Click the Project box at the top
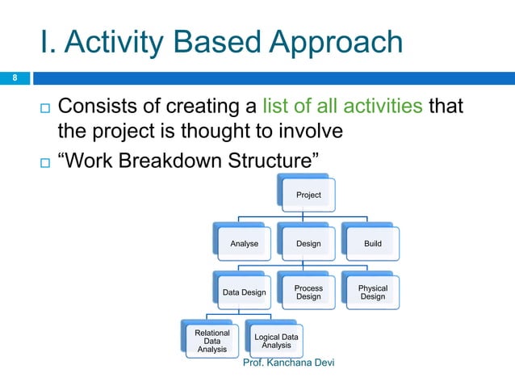pyautogui.click(x=308, y=194)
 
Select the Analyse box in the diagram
pyautogui.click(x=244, y=242)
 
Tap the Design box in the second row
pyautogui.click(x=308, y=242)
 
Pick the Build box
pyautogui.click(x=372, y=242)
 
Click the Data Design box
pyautogui.click(x=244, y=292)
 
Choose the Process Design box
pyautogui.click(x=308, y=292)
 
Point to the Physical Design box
pyautogui.click(x=372, y=292)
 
